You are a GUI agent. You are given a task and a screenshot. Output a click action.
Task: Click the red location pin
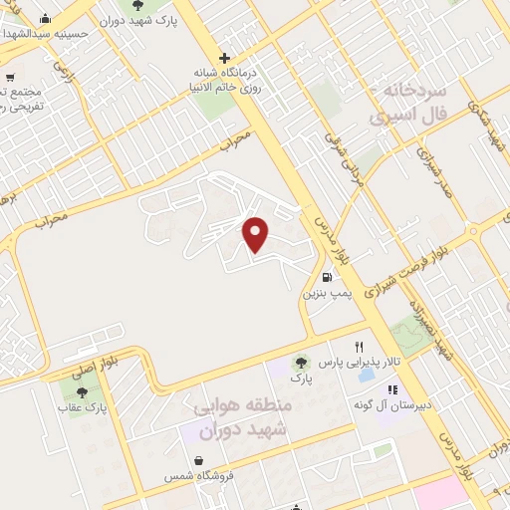(257, 233)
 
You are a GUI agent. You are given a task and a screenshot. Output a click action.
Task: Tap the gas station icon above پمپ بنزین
(326, 277)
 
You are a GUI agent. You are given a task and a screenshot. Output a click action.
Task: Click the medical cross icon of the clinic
(225, 58)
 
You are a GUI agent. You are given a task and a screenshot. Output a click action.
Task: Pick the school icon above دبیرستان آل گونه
(392, 389)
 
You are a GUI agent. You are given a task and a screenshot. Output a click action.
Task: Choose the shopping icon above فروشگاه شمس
(201, 461)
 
